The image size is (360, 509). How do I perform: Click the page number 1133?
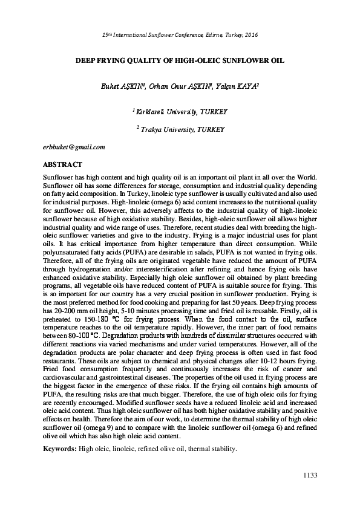(309, 476)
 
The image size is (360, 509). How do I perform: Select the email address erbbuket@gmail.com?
(74, 148)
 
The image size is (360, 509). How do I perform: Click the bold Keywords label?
(62, 450)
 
